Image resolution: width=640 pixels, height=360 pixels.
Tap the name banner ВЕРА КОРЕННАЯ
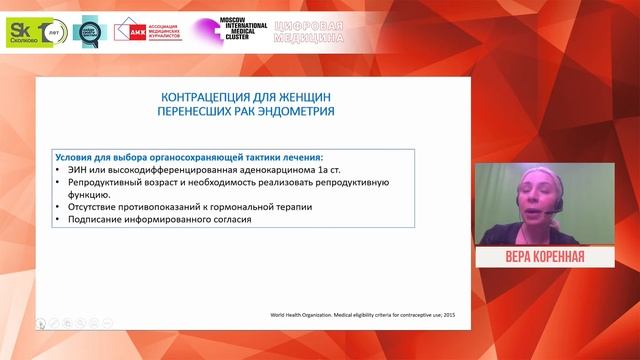[544, 258]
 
